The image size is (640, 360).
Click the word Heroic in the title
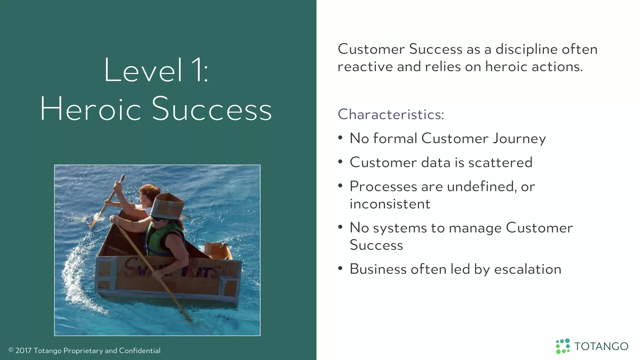click(x=91, y=109)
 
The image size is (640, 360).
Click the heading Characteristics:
click(x=391, y=114)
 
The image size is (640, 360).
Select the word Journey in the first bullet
click(x=519, y=138)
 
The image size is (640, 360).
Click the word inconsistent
click(x=390, y=204)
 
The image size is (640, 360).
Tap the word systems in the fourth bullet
click(x=400, y=228)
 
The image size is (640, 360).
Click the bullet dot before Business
click(x=340, y=268)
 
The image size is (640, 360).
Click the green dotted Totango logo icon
click(x=563, y=346)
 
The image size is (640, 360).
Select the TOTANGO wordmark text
click(x=601, y=347)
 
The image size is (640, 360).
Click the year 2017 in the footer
click(x=23, y=351)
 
